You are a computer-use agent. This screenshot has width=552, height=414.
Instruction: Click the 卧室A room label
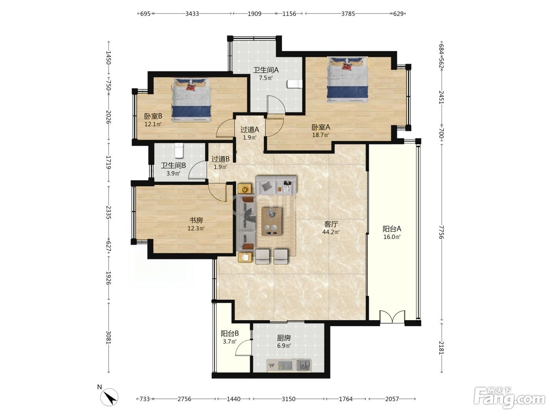pyautogui.click(x=321, y=127)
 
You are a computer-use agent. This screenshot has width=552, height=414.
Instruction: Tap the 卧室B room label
pyautogui.click(x=153, y=116)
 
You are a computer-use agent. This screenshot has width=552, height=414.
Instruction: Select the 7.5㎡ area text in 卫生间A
pyautogui.click(x=266, y=78)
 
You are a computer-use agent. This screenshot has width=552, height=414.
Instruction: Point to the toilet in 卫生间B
pyautogui.click(x=179, y=151)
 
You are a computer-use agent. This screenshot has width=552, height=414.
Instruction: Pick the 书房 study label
pyautogui.click(x=196, y=220)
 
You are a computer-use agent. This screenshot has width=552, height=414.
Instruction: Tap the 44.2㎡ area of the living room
pyautogui.click(x=331, y=232)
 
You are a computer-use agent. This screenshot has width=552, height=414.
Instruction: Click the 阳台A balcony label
pyautogui.click(x=392, y=229)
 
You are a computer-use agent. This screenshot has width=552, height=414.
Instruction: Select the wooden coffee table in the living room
pyautogui.click(x=271, y=222)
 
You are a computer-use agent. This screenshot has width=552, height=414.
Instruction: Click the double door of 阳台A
pyautogui.click(x=392, y=317)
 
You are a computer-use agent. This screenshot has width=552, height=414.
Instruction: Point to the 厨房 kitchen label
pyautogui.click(x=283, y=338)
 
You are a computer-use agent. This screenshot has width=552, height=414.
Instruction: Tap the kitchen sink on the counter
pyautogui.click(x=304, y=365)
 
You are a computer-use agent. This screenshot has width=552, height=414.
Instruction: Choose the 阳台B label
pyautogui.click(x=229, y=334)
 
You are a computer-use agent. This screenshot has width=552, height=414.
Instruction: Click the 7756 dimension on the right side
pyautogui.click(x=441, y=232)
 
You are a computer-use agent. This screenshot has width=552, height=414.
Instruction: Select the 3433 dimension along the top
pyautogui.click(x=192, y=13)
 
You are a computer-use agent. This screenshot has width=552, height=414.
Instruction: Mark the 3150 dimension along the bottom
pyautogui.click(x=289, y=399)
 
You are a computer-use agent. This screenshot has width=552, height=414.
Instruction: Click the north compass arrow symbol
pyautogui.click(x=109, y=397)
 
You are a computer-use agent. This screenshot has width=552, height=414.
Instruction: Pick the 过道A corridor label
pyautogui.click(x=250, y=130)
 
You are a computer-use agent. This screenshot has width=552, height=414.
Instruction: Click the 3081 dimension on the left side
pyautogui.click(x=108, y=338)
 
